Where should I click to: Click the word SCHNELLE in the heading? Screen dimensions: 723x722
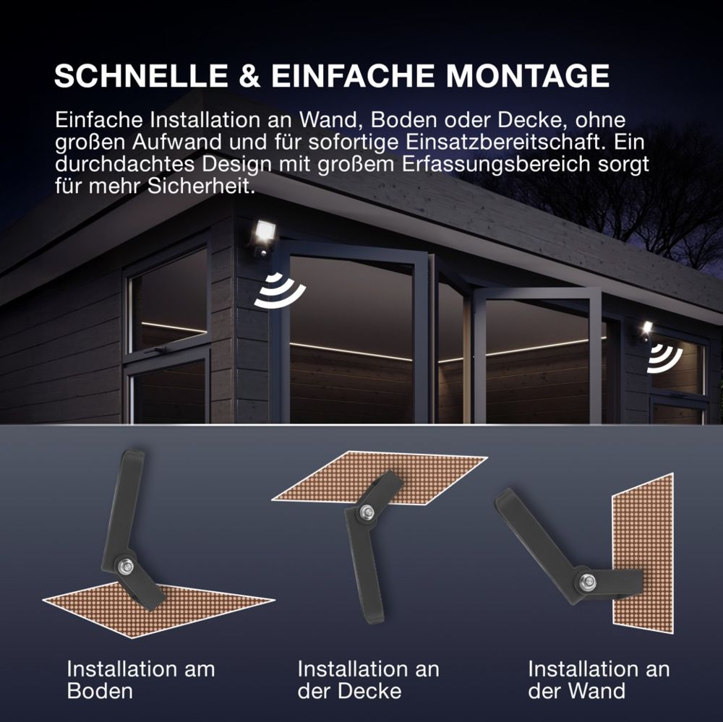[x=141, y=76]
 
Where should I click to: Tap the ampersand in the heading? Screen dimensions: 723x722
[x=250, y=76]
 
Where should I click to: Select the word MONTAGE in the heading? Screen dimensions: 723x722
[x=528, y=76]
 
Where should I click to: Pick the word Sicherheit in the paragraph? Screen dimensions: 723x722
[x=201, y=186]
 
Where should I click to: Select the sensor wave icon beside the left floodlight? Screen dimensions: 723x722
[x=279, y=291]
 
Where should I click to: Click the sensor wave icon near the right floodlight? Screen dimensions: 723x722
[x=664, y=358]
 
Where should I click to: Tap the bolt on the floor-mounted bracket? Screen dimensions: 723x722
[x=125, y=566]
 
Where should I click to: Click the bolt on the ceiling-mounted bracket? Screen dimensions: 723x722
[x=367, y=511]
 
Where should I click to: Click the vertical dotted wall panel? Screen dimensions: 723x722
[x=643, y=554]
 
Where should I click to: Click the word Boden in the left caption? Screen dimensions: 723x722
[x=100, y=691]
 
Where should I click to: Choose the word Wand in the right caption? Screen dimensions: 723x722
[x=596, y=691]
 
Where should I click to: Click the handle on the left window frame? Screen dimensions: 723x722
[x=156, y=350]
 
